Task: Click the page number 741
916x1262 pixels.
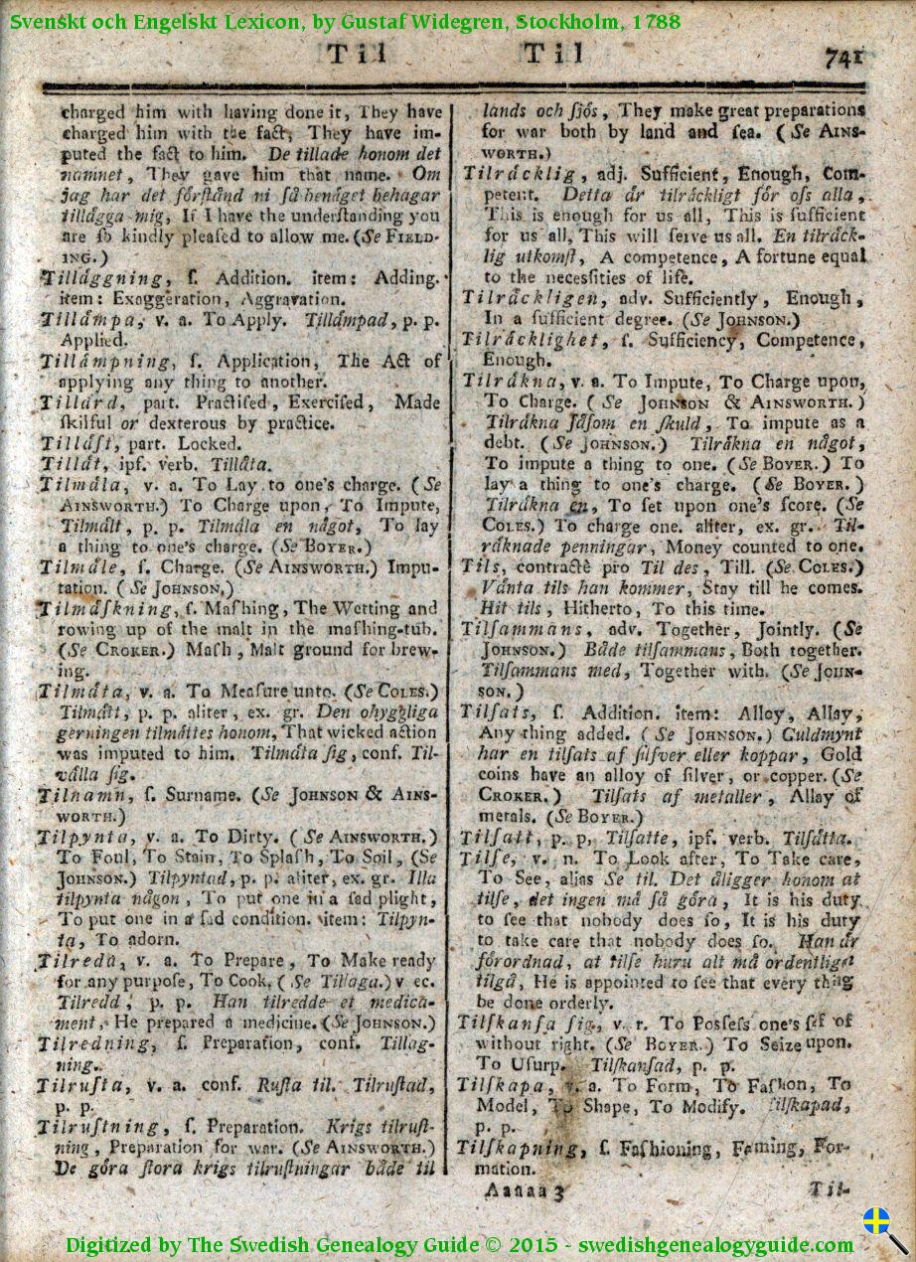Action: pyautogui.click(x=842, y=58)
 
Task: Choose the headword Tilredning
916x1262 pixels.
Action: pyautogui.click(x=95, y=1043)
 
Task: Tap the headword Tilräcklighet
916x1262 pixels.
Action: pyautogui.click(x=534, y=340)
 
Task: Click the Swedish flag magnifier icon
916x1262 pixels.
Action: pyautogui.click(x=882, y=1228)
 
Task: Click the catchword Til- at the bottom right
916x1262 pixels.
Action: pyautogui.click(x=827, y=1188)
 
